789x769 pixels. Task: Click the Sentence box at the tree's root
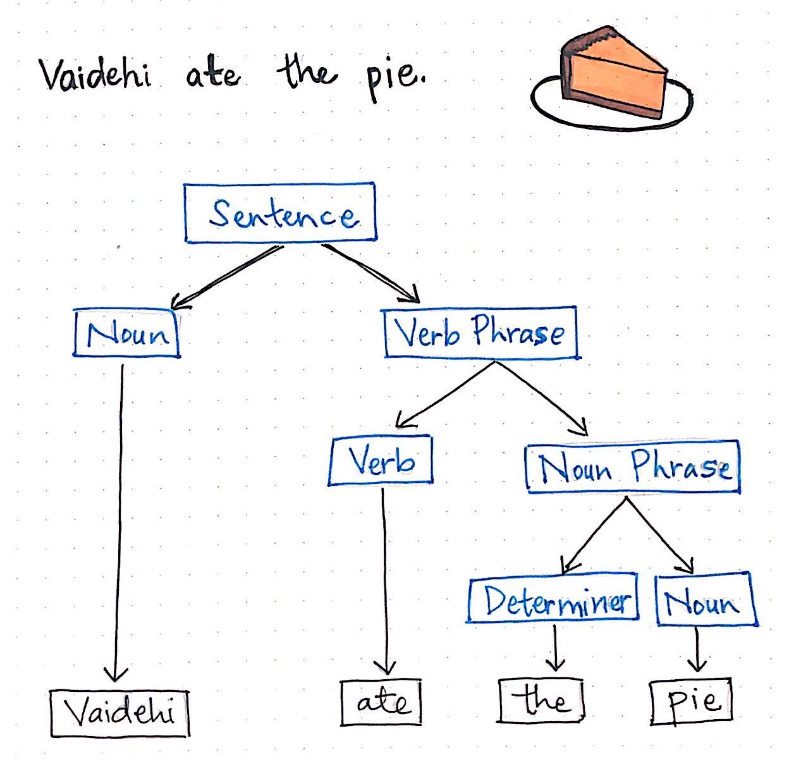(x=280, y=213)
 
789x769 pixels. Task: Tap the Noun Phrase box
(x=633, y=467)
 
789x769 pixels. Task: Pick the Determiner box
(x=553, y=599)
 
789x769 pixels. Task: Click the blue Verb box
(x=381, y=460)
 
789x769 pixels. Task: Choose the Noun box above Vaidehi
(x=127, y=333)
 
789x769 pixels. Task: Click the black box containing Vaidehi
(x=120, y=713)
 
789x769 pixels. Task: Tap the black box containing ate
(x=381, y=703)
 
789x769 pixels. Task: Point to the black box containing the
(x=542, y=701)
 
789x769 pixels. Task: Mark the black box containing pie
(x=692, y=701)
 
